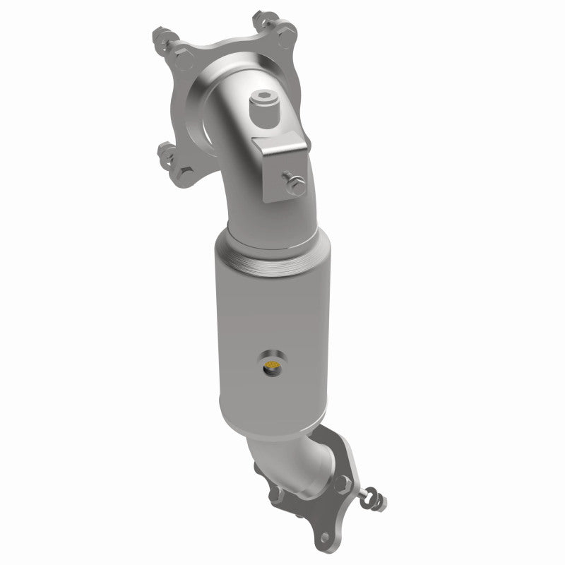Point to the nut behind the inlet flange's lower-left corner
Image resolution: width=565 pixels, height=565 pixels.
[x=166, y=150]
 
